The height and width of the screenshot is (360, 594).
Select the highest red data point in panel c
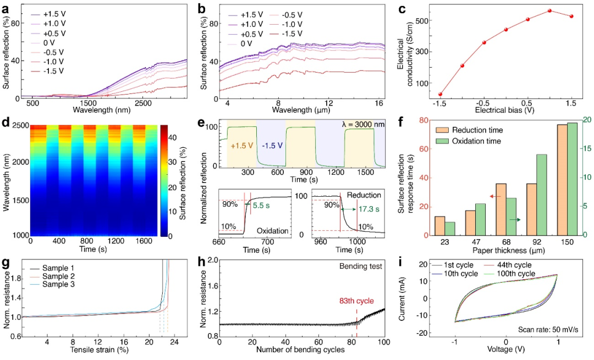pos(549,10)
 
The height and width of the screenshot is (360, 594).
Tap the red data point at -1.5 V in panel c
pos(440,95)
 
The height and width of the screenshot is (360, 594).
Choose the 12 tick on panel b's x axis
pos(328,103)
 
